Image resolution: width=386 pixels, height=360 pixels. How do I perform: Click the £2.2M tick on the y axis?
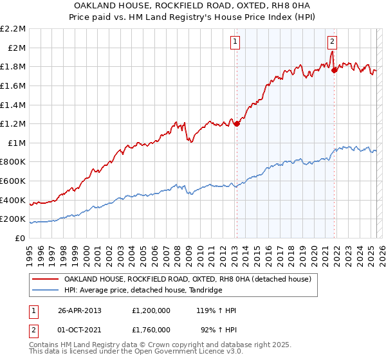(x=14, y=28)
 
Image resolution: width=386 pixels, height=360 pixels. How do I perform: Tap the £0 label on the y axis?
(x=21, y=238)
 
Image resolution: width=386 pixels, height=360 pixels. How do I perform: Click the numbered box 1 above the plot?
(x=235, y=42)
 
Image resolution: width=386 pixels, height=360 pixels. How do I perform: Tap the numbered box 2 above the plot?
(x=332, y=42)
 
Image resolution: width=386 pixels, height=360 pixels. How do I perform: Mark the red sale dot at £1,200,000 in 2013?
(x=237, y=123)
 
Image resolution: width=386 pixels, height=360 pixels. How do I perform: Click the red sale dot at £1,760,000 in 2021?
(x=334, y=70)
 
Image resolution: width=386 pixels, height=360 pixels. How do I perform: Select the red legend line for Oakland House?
(x=45, y=279)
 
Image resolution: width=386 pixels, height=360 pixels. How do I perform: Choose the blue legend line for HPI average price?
(x=45, y=291)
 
